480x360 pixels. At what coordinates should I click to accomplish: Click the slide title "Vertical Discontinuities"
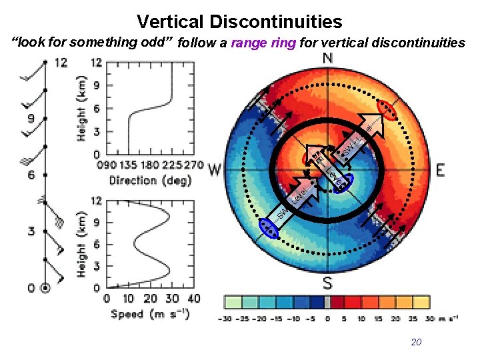tap(239, 21)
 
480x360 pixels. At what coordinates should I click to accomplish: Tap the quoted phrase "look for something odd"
tap(93, 43)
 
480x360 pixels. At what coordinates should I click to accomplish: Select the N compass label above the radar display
tap(328, 59)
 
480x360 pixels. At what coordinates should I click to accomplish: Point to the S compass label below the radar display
tap(328, 283)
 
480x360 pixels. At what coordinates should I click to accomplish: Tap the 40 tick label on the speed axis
tap(193, 299)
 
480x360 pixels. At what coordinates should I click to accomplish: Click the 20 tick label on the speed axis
tap(150, 299)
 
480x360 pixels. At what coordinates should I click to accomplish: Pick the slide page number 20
tap(416, 342)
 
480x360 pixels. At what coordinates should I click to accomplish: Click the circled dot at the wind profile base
tap(45, 288)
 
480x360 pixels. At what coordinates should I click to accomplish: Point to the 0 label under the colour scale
tap(327, 319)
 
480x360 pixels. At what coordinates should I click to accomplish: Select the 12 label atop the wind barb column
tap(61, 63)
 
